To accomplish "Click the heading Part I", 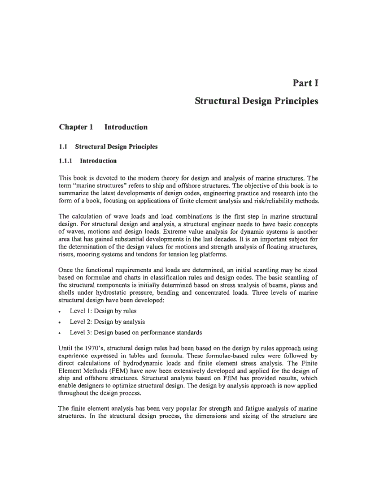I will tap(305, 82).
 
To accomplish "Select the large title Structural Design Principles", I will tap(257, 101).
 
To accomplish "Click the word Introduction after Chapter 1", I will tap(126, 127).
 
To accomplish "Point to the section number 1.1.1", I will tap(66, 161).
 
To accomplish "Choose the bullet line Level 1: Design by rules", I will tap(103, 311).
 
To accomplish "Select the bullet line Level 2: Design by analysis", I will tap(107, 322).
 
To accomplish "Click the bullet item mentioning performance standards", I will tap(136, 332).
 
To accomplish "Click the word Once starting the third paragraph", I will tap(66, 271).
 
